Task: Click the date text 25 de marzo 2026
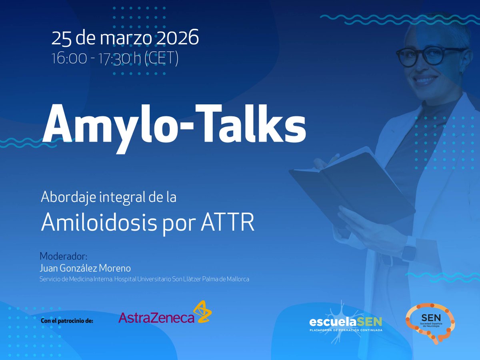[x=125, y=38]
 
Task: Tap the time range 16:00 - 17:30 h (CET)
[x=115, y=58]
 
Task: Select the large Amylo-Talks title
[x=174, y=124]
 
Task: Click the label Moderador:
[x=63, y=256]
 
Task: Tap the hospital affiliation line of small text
[x=144, y=279]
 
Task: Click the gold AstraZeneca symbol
[x=202, y=312]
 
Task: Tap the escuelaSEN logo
[x=346, y=321]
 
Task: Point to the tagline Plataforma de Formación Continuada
[x=346, y=330]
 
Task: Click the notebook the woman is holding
[x=352, y=184]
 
